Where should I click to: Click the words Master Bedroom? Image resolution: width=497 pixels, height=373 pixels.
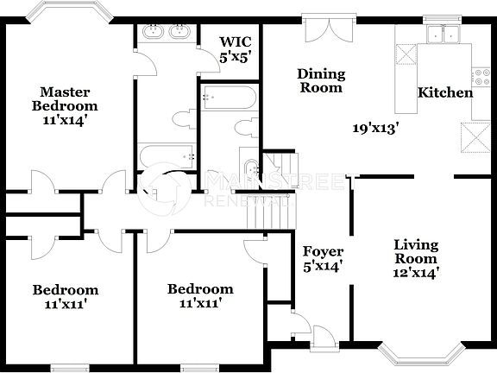click(70, 98)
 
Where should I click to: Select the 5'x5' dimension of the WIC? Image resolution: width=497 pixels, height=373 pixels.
click(234, 57)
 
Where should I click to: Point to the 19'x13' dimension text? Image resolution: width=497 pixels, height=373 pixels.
click(376, 129)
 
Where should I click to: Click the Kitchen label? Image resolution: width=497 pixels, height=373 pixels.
click(445, 92)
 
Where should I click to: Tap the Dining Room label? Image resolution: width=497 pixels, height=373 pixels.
click(320, 80)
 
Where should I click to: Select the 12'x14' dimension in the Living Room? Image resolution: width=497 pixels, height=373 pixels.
click(416, 273)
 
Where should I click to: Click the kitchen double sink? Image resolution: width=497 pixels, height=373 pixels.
click(446, 35)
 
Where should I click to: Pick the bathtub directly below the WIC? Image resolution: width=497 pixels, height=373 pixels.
click(228, 97)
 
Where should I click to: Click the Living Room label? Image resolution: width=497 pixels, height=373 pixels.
click(416, 251)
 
